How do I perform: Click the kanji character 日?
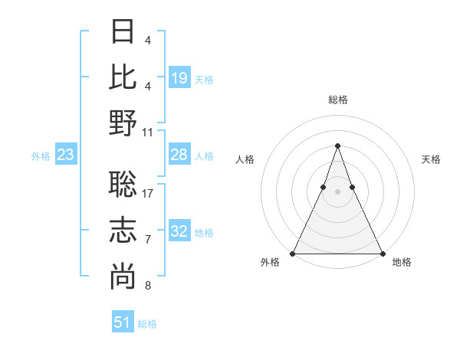tap(123, 31)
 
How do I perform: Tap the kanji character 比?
tap(123, 77)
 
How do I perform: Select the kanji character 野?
tap(123, 123)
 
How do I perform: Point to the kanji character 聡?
tap(123, 183)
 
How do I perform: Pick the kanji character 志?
tap(123, 230)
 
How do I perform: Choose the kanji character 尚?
tap(123, 277)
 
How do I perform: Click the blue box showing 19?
tap(179, 77)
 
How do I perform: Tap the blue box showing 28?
tap(179, 155)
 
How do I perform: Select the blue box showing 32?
tap(179, 232)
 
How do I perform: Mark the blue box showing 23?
tap(66, 155)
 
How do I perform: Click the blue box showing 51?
tap(123, 322)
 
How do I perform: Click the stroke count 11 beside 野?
tap(149, 132)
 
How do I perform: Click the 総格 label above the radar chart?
tap(337, 100)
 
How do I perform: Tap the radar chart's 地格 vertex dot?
tap(382, 253)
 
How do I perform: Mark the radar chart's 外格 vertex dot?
tap(293, 253)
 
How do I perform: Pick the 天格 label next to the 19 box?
tap(204, 80)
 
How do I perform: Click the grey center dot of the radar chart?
tap(337, 191)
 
